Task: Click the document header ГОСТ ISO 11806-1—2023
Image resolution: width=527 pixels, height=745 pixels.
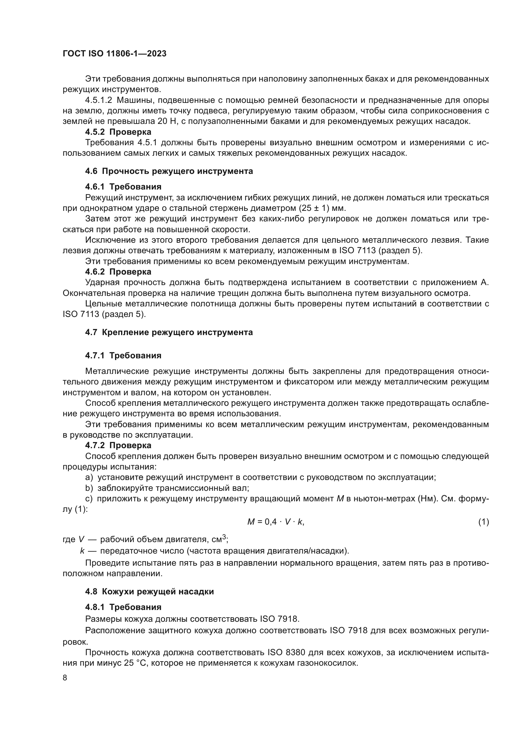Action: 114,54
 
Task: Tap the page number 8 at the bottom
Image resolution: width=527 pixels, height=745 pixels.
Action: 65,677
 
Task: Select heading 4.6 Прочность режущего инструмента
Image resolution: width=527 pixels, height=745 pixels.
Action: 169,171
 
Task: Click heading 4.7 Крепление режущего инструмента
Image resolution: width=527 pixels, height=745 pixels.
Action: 169,332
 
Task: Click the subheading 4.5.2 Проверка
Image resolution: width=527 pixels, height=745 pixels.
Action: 118,132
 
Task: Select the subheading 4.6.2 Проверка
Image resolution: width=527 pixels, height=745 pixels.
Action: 118,272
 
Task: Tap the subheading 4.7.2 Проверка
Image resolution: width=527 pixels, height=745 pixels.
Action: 118,446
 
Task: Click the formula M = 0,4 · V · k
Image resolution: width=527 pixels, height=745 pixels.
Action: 276,522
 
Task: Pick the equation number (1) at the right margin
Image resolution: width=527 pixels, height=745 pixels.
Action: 483,522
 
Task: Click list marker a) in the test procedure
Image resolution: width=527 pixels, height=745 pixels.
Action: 89,477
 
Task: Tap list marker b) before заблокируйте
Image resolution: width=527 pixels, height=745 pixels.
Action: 89,488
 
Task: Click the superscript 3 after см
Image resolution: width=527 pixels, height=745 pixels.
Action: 224,537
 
